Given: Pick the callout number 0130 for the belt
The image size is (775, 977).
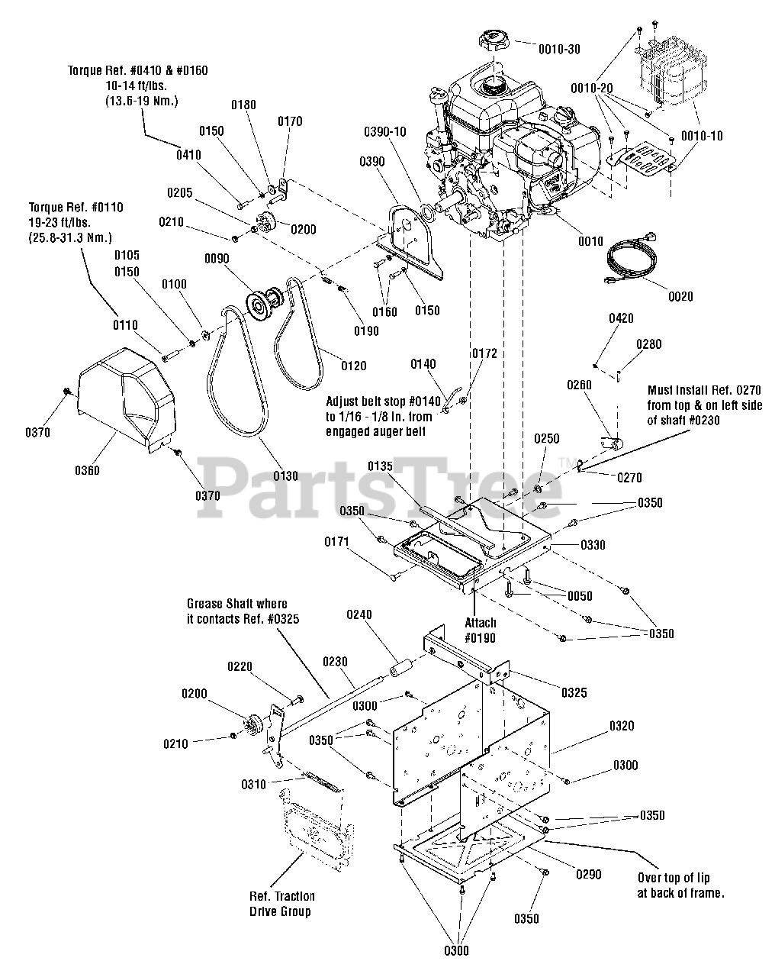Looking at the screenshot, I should (285, 476).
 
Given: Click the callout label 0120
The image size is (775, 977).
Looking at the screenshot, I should (353, 366).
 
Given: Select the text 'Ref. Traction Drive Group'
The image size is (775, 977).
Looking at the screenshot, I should (282, 904).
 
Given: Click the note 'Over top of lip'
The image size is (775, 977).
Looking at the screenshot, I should (674, 878).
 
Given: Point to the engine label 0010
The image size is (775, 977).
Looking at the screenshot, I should (590, 241).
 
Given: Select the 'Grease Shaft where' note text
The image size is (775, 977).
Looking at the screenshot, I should (237, 604).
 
